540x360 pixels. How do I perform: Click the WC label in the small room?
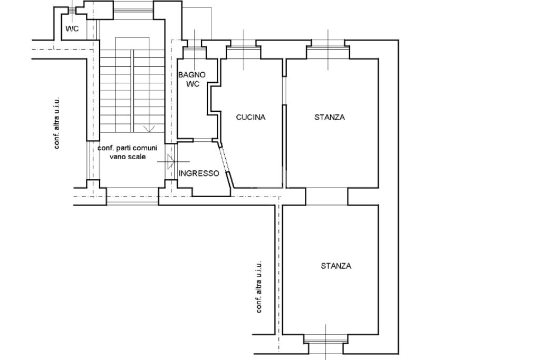tap(72, 28)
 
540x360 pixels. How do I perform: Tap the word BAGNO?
tap(192, 75)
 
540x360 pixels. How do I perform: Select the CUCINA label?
tap(250, 118)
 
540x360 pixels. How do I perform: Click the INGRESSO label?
tap(199, 173)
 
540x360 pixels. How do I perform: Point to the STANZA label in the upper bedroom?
tap(330, 118)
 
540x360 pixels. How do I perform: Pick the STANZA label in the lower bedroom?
tap(336, 266)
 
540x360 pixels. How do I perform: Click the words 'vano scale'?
tap(128, 157)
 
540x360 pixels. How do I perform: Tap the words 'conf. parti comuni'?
tap(128, 148)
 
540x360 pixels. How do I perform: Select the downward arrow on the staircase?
tap(149, 129)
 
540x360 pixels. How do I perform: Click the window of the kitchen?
tap(244, 47)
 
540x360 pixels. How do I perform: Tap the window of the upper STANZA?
tap(328, 47)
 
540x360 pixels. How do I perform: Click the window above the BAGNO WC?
tap(195, 48)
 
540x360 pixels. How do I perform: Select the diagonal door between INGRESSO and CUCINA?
tap(225, 164)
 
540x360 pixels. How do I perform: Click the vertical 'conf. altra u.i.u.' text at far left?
tap(57, 123)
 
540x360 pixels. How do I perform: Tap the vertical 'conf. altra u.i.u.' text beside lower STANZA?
tap(258, 287)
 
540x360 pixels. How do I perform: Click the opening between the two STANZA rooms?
tap(326, 197)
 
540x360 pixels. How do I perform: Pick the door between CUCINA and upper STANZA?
tap(284, 91)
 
